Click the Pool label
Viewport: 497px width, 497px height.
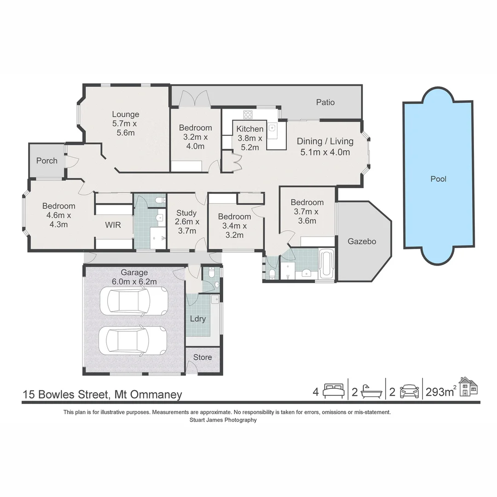pos(438,179)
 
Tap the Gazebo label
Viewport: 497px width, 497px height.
pos(362,241)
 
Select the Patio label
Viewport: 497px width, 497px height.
pos(325,102)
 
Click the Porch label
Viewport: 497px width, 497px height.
pos(47,161)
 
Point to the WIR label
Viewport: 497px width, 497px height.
pos(113,225)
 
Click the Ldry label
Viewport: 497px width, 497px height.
pos(198,318)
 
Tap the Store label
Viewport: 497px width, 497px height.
pos(202,357)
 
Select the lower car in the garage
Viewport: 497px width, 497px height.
pos(136,341)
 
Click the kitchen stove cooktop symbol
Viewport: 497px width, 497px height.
pos(248,115)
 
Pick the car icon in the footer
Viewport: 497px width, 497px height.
pos(409,391)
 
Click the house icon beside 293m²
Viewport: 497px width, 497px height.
pos(469,387)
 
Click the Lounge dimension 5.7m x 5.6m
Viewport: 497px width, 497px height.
pos(126,128)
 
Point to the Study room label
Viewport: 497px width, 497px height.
pos(186,213)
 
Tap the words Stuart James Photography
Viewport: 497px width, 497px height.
pos(223,420)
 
